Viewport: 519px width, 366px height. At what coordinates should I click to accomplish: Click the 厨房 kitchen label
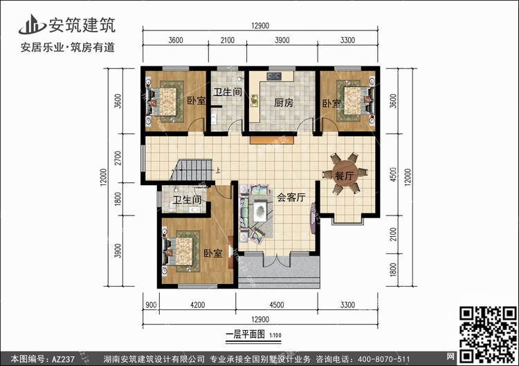[284, 103]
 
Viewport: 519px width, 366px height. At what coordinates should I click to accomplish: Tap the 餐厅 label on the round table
[344, 175]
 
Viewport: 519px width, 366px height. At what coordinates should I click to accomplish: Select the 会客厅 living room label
[291, 198]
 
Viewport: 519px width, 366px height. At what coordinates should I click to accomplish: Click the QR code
[488, 334]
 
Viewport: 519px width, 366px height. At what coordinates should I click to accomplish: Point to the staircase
[192, 170]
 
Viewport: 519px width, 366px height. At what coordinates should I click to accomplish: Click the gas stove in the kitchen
[274, 76]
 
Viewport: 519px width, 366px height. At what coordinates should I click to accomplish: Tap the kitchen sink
[255, 101]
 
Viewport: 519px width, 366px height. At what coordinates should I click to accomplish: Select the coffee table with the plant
[259, 211]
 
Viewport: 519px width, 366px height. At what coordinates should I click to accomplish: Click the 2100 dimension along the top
[228, 40]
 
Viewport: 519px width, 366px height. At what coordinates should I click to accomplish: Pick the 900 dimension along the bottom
[151, 305]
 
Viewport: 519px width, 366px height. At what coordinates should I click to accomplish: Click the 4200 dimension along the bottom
[198, 305]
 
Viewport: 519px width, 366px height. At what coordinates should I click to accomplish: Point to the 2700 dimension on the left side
[118, 158]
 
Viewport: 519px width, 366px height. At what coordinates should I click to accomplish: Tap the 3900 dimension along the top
[282, 40]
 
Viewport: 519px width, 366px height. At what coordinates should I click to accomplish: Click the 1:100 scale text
[275, 336]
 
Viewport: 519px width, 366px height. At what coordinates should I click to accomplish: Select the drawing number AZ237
[64, 359]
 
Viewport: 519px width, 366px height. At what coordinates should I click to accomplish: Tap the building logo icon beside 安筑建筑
[32, 25]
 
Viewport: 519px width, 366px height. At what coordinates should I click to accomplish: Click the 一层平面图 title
[245, 335]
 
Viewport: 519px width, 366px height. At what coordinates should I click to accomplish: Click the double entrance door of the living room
[277, 259]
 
